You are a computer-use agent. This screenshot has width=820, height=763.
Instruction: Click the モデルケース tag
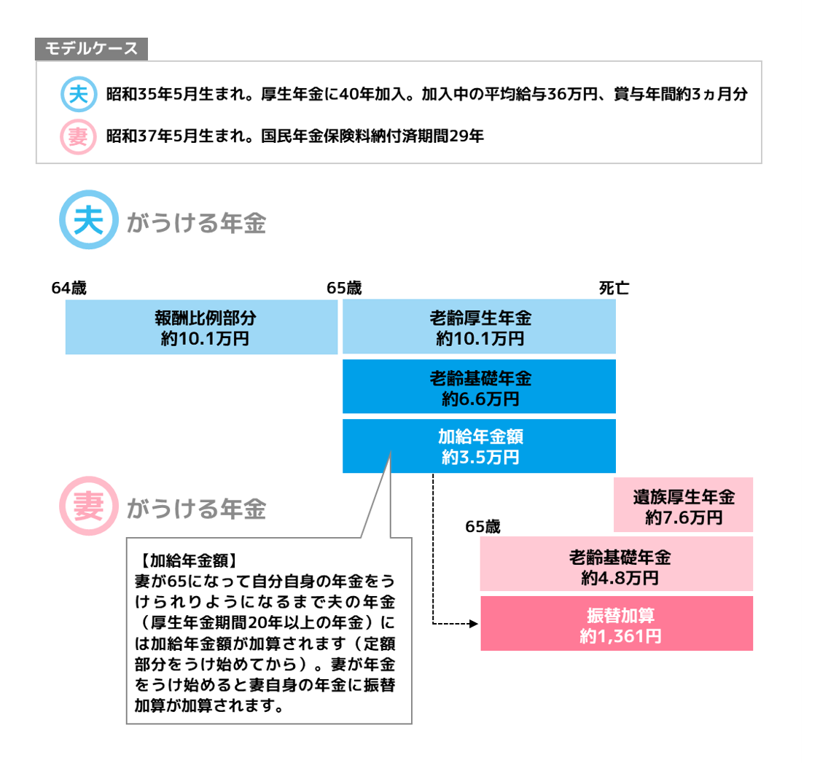point(91,49)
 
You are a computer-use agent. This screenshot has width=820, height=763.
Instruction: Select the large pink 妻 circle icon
point(89,507)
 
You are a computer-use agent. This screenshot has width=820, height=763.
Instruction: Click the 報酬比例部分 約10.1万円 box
point(201,327)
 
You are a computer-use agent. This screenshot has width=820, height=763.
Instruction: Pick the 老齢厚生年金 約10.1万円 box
point(479,327)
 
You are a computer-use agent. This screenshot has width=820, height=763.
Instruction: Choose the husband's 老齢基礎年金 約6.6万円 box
point(479,387)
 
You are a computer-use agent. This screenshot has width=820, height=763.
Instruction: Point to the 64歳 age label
point(69,289)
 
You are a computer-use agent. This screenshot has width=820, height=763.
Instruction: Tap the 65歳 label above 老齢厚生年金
point(345,289)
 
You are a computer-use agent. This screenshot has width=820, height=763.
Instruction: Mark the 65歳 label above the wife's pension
point(483,527)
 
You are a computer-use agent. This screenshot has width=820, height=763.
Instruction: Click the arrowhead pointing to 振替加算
point(473,624)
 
